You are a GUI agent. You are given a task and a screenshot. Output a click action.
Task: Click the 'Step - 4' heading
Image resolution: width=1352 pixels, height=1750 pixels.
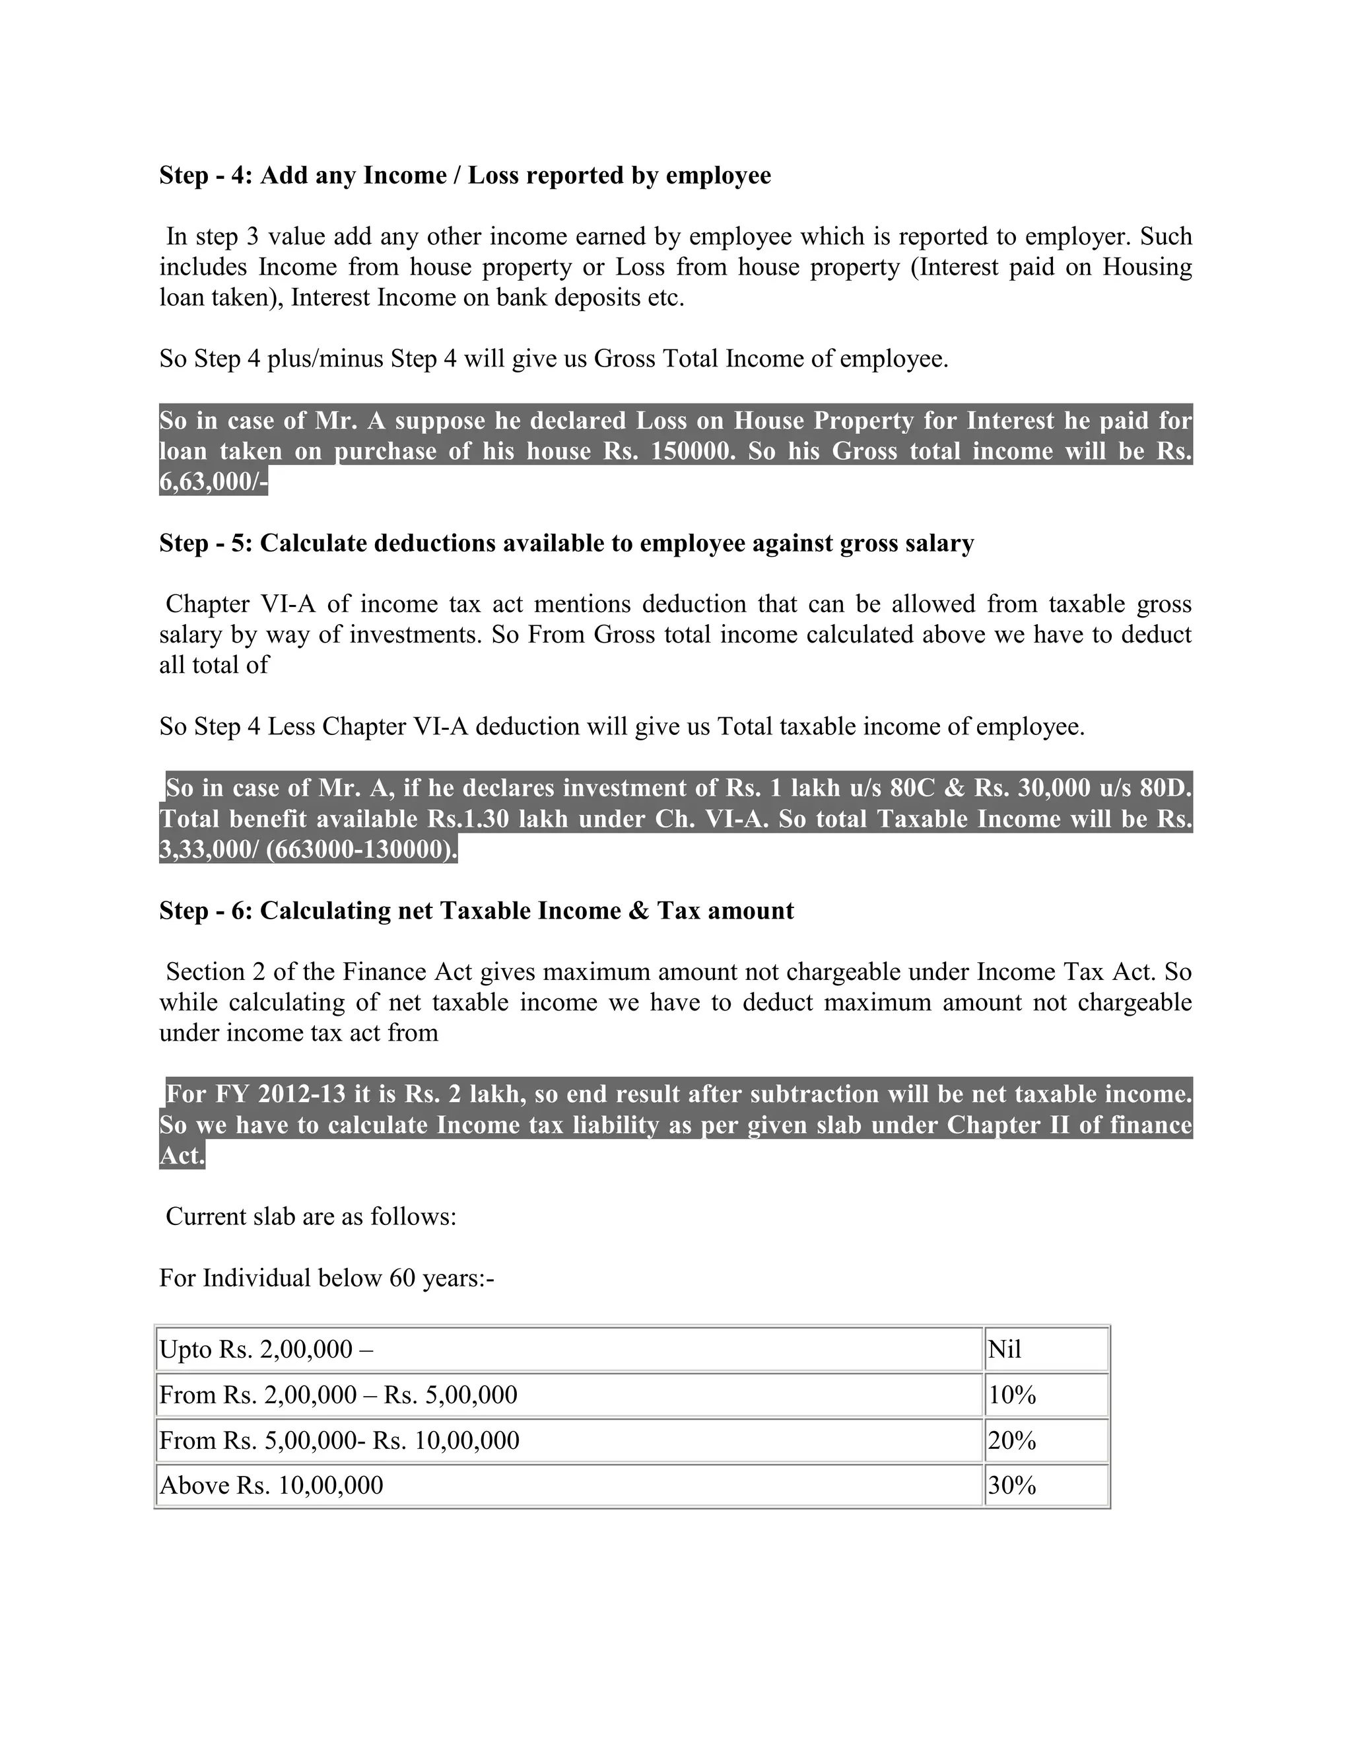[465, 176]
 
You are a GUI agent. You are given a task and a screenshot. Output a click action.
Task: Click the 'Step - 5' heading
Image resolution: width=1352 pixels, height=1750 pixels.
[566, 543]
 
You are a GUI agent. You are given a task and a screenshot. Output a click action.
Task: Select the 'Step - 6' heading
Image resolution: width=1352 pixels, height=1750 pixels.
[477, 911]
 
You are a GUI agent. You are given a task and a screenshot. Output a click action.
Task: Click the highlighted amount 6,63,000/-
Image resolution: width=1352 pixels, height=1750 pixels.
[213, 482]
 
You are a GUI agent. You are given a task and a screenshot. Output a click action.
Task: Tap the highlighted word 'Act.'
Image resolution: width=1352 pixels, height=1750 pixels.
[182, 1156]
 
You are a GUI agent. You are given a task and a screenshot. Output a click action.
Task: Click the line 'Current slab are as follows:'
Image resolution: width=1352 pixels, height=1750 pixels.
[311, 1216]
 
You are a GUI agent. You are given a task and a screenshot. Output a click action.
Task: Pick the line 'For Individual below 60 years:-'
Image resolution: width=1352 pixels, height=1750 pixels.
[327, 1278]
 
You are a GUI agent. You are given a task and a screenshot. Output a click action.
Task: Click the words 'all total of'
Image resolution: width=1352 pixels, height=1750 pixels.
[214, 665]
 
